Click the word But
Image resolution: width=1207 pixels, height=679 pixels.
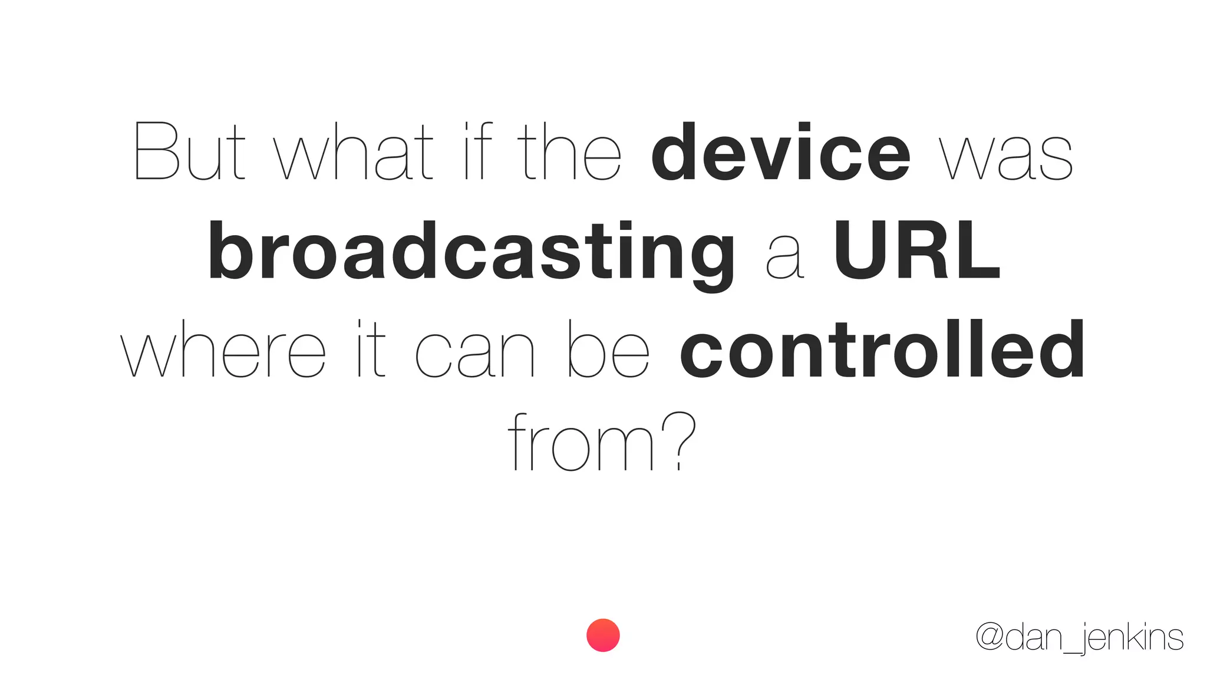coord(189,151)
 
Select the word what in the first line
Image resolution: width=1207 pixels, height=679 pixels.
coord(354,151)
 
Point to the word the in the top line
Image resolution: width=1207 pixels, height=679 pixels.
coord(569,151)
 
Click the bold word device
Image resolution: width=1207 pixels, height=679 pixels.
coord(781,151)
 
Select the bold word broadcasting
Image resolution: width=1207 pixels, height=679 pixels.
coord(471,252)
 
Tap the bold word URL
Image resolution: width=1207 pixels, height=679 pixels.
coord(916,250)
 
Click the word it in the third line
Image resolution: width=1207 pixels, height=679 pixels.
coord(371,349)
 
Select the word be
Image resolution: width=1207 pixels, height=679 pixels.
coord(608,349)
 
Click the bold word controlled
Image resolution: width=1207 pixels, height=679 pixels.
coord(882,349)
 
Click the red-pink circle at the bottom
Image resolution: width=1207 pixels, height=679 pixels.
coord(603,635)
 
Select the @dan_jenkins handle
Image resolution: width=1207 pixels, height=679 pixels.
coord(1079,638)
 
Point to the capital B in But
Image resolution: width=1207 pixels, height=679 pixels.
coord(156,151)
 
